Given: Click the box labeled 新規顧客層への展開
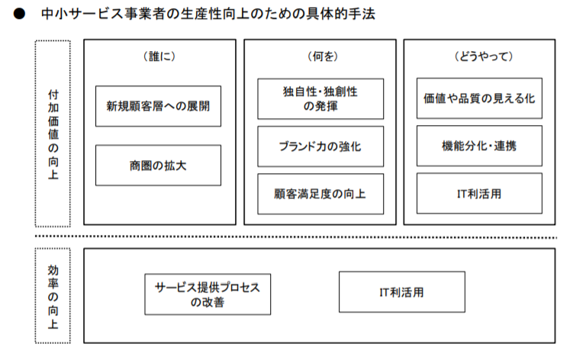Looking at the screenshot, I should pyautogui.click(x=158, y=106).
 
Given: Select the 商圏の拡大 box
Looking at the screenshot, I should pyautogui.click(x=158, y=165).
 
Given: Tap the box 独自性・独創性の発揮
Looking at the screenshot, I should pyautogui.click(x=320, y=98).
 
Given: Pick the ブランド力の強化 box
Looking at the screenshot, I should pyautogui.click(x=320, y=146).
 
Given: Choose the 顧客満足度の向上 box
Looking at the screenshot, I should pyautogui.click(x=320, y=194).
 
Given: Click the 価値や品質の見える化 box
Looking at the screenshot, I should pyautogui.click(x=480, y=98).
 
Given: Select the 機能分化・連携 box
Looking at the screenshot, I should pyautogui.click(x=480, y=146).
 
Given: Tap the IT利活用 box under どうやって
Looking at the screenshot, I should pyautogui.click(x=480, y=194).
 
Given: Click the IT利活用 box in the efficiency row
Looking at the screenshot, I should pyautogui.click(x=401, y=292).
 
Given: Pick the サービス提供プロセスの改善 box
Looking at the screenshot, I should pyautogui.click(x=208, y=295).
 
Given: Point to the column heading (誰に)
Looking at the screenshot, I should pyautogui.click(x=159, y=57).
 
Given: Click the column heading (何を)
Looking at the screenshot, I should pyautogui.click(x=320, y=57).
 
